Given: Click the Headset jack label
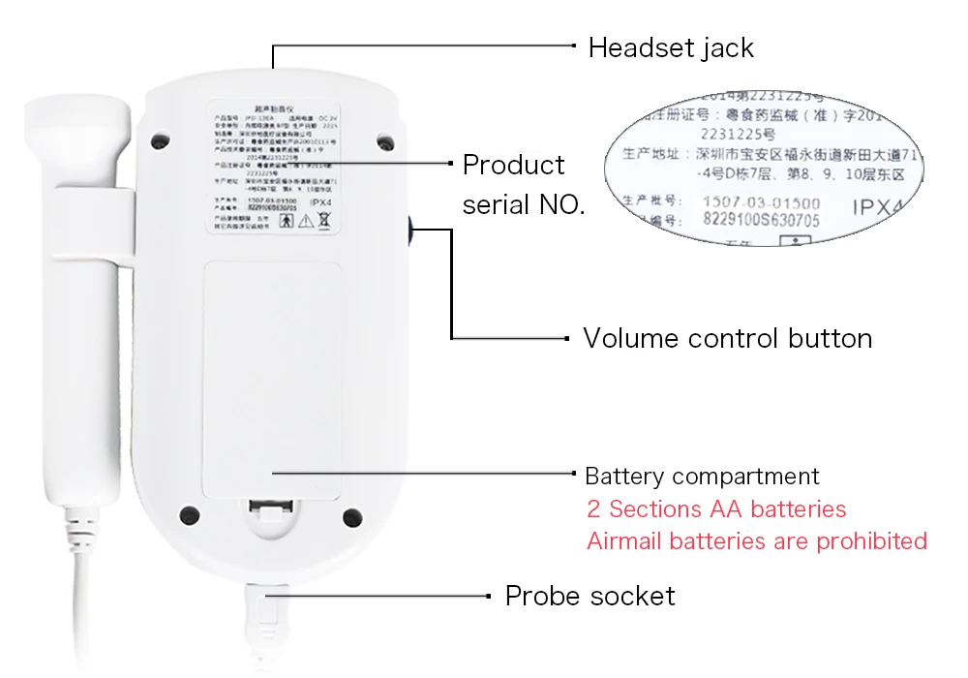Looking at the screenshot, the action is point(671,47).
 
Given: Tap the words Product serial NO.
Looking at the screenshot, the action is point(524,184).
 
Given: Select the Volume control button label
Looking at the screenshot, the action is point(727,338).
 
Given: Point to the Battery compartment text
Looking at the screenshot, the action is point(702,477).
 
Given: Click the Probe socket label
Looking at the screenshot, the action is point(590,596).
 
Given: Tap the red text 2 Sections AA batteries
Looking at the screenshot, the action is point(716,509).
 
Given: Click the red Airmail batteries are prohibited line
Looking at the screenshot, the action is point(757,540).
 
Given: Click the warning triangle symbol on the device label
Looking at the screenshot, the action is point(306,221).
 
